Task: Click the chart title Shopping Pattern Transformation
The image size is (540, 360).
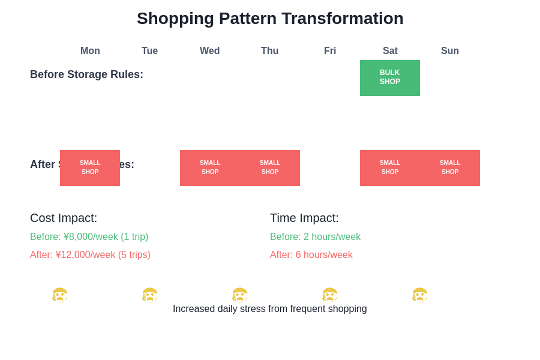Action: (270, 19)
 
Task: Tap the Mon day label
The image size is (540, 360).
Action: (90, 51)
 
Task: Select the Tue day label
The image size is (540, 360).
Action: (149, 51)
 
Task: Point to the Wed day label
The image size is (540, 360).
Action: (209, 51)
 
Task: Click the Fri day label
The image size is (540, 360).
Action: (330, 51)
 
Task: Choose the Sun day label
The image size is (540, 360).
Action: (449, 51)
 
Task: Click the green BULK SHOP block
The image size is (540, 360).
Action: (390, 78)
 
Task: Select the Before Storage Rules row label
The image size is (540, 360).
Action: (86, 74)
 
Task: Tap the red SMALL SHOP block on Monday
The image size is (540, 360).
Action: (90, 168)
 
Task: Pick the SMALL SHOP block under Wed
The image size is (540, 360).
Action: (210, 168)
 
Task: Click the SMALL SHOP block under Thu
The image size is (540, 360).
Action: (270, 168)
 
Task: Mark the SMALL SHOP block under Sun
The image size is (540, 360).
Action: (450, 168)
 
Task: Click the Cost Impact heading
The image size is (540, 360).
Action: (64, 218)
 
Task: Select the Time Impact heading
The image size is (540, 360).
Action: (304, 218)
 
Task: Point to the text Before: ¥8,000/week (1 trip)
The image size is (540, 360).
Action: (89, 237)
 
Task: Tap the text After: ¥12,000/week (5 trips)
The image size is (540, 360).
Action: (90, 255)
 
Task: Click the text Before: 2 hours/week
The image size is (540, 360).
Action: (315, 237)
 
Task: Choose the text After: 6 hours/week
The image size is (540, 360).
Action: (311, 255)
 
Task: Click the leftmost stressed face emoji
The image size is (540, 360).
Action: (59, 295)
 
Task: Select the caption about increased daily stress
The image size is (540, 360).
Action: (270, 309)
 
